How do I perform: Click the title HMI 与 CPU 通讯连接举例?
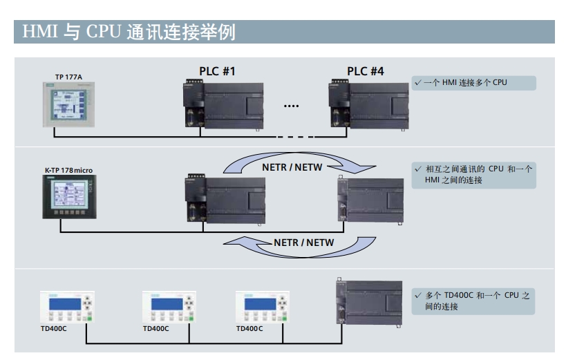[129, 32]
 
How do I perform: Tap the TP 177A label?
[68, 76]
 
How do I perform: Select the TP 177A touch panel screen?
[68, 104]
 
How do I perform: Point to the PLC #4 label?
[366, 71]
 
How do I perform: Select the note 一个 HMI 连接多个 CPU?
[473, 83]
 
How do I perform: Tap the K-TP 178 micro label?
[68, 170]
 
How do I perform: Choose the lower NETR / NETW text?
[303, 243]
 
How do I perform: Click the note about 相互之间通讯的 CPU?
[473, 174]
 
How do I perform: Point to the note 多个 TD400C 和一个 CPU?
[473, 301]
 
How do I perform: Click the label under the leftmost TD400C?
[53, 329]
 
